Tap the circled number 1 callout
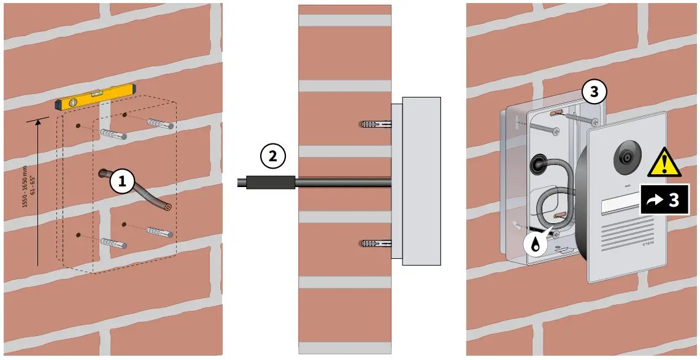[x=122, y=181]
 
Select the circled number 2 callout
[x=273, y=156]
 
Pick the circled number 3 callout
[x=594, y=93]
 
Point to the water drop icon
[x=537, y=243]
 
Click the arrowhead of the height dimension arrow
[x=39, y=122]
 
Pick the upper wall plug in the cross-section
[x=375, y=124]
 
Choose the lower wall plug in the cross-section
[x=375, y=243]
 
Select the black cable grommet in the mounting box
[x=538, y=165]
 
